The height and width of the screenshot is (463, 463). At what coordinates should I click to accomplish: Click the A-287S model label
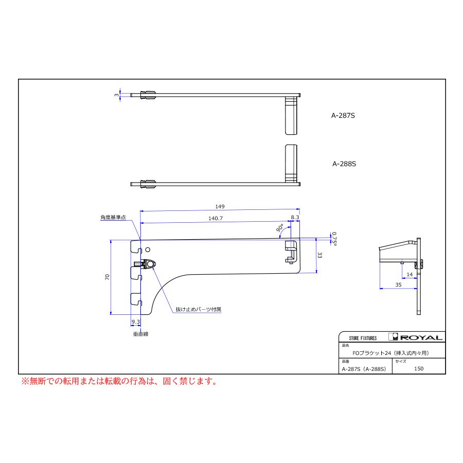[343, 115]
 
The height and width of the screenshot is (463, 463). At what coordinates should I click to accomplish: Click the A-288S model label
[344, 164]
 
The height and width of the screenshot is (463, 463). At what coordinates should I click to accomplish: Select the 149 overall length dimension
[220, 206]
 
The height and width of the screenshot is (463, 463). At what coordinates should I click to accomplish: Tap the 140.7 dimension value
[216, 218]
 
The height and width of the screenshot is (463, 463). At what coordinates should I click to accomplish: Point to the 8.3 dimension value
[295, 217]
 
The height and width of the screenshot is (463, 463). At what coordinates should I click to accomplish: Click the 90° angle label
[280, 228]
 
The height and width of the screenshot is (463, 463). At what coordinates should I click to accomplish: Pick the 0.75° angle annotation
[334, 239]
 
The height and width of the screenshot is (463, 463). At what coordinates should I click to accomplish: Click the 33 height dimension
[319, 255]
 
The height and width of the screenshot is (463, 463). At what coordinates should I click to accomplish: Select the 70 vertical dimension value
[107, 277]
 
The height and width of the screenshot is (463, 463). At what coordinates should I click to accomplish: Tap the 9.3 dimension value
[135, 322]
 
